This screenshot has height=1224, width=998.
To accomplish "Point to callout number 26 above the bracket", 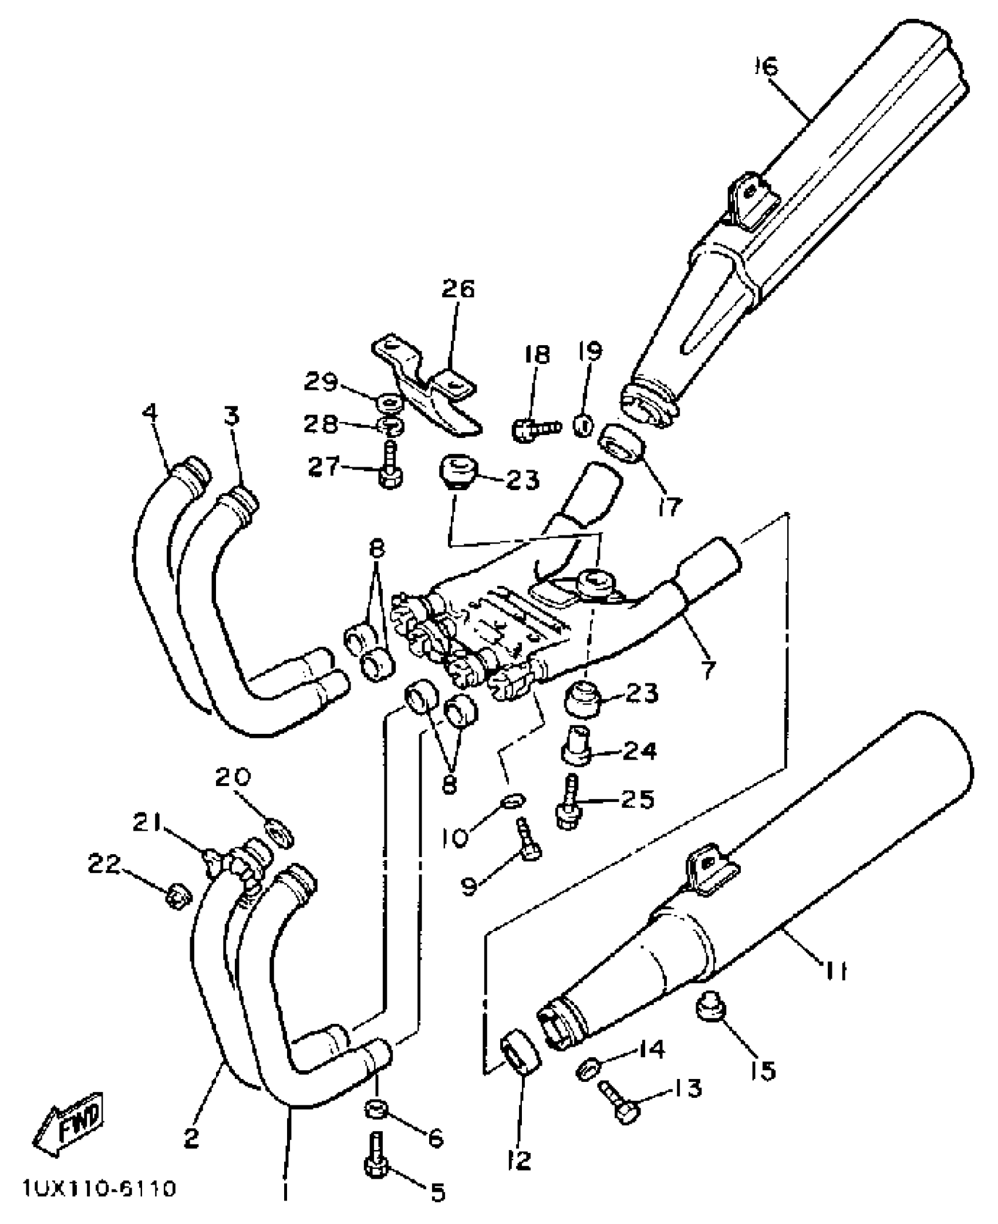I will coord(457,289).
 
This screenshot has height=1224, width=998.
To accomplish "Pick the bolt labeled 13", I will coord(618,1104).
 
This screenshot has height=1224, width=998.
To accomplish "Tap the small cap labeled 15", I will coord(711,1010).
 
